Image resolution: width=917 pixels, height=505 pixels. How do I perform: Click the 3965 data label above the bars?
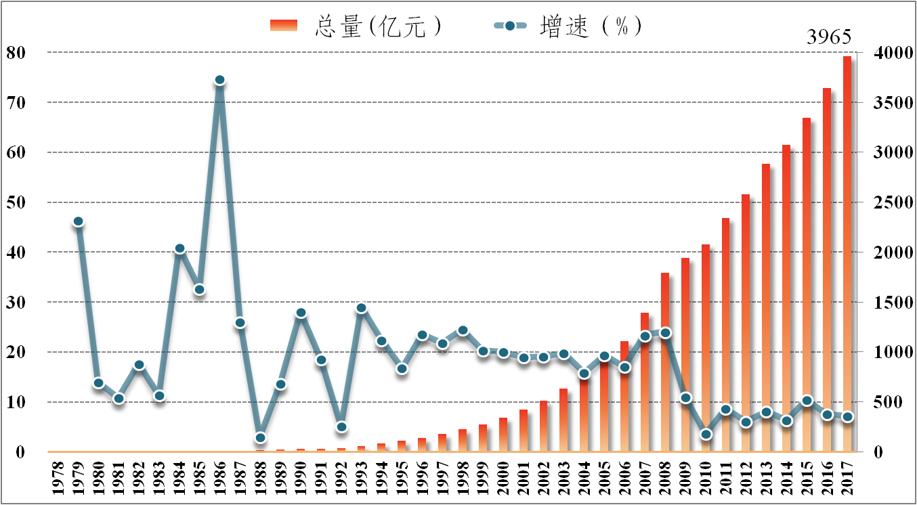click(x=828, y=37)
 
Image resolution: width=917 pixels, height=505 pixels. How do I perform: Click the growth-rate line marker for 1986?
click(x=219, y=80)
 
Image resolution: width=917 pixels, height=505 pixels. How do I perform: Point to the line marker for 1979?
click(x=78, y=221)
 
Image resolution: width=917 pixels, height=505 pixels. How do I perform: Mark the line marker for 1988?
click(x=260, y=438)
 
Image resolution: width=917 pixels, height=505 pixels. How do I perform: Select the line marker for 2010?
click(x=706, y=434)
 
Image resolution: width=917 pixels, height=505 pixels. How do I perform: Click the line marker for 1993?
click(x=361, y=308)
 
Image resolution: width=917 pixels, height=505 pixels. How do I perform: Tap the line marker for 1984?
click(x=179, y=248)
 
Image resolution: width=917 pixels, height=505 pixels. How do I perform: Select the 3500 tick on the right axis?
click(x=887, y=103)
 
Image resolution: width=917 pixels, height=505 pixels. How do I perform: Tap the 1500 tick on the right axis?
click(x=887, y=303)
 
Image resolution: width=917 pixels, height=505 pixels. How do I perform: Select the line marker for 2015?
click(x=807, y=401)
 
